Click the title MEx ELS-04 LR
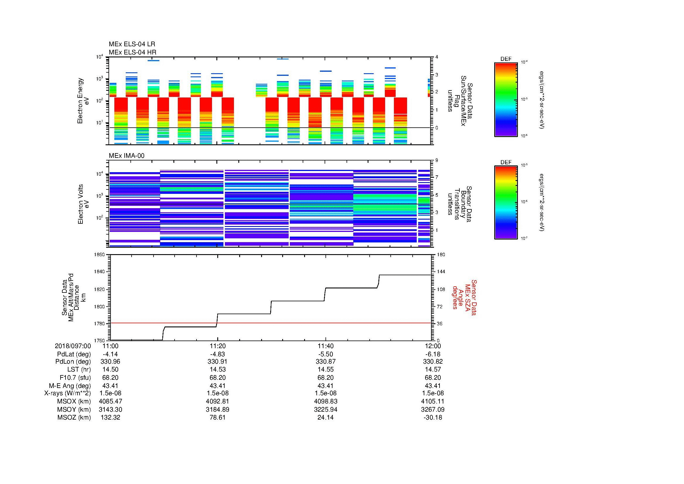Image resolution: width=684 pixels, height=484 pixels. coord(132,44)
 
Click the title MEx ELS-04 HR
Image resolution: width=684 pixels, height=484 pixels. coord(132,52)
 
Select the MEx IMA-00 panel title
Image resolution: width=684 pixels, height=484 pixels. coord(126,156)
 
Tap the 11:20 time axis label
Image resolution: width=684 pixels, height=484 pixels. coord(218,346)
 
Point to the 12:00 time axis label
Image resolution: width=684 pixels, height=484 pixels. coord(433,346)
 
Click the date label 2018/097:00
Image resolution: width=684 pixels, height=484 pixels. coord(73,346)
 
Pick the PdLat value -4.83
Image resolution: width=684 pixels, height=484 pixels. coord(218,354)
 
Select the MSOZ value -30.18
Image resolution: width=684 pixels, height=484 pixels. coord(433,418)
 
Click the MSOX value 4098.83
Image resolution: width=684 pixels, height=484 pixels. coord(325,401)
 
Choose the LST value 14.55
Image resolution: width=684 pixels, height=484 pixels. coord(325,370)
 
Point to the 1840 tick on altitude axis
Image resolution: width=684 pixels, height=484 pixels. coord(99,272)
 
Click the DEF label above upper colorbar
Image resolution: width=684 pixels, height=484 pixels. coord(506,59)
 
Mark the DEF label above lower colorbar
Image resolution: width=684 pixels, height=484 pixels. coord(506,162)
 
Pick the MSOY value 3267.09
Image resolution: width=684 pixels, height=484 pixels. coord(433,409)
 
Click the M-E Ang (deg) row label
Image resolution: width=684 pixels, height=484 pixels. coord(70,386)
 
